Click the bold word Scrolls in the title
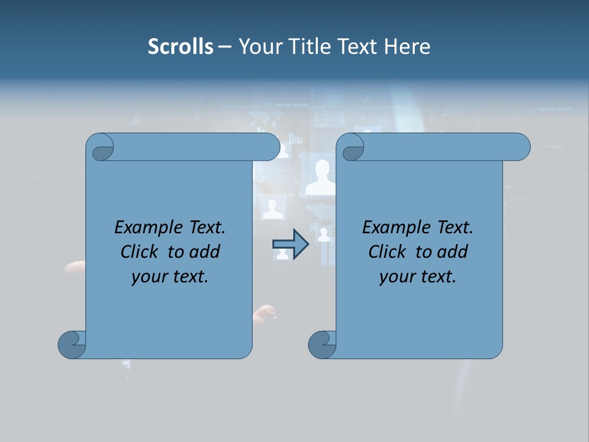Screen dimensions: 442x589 pyautogui.click(x=180, y=47)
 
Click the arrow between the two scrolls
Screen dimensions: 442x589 pyautogui.click(x=290, y=244)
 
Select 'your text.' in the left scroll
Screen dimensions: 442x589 pyautogui.click(x=170, y=276)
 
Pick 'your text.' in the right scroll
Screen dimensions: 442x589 pyautogui.click(x=418, y=276)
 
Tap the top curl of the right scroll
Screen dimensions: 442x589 pyautogui.click(x=352, y=147)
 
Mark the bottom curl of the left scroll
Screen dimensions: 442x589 pyautogui.click(x=71, y=344)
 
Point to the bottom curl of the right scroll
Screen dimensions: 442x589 pyautogui.click(x=321, y=344)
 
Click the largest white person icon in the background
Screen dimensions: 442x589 pyautogui.click(x=321, y=177)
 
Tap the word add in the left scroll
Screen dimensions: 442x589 pyautogui.click(x=206, y=252)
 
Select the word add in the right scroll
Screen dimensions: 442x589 pyautogui.click(x=454, y=252)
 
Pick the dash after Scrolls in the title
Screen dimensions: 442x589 pyautogui.click(x=225, y=47)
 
